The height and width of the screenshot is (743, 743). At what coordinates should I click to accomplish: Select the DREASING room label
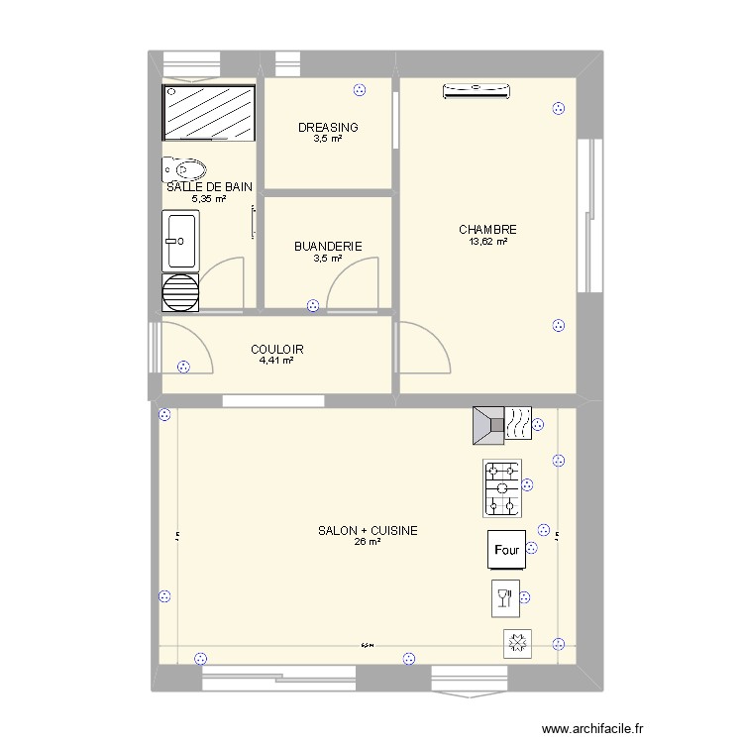point(328,128)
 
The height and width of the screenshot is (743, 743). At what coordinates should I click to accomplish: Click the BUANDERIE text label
point(328,247)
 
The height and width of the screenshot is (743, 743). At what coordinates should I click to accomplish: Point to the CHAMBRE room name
point(487,230)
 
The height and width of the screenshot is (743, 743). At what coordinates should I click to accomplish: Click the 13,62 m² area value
point(487,241)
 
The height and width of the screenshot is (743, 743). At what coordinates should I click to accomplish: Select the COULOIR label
point(276,350)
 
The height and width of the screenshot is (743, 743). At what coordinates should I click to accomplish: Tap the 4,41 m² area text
point(276,361)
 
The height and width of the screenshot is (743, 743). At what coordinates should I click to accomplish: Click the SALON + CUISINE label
point(368,531)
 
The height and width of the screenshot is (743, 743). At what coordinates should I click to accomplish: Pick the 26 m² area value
point(368,542)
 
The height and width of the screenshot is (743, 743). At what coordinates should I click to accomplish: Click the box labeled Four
point(505,550)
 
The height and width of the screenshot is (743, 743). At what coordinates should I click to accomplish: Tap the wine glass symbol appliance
point(504,597)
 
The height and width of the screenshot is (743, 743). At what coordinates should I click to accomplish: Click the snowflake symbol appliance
point(516,644)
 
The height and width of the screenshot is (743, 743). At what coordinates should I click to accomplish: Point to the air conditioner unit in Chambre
point(478,91)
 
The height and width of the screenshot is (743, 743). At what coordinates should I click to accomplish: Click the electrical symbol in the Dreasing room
point(359,91)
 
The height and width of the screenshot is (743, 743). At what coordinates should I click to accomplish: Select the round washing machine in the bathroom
point(180,292)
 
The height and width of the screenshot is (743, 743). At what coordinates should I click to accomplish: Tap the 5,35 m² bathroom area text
point(209,198)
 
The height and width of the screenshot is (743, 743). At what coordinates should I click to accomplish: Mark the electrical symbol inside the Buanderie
point(313,306)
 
